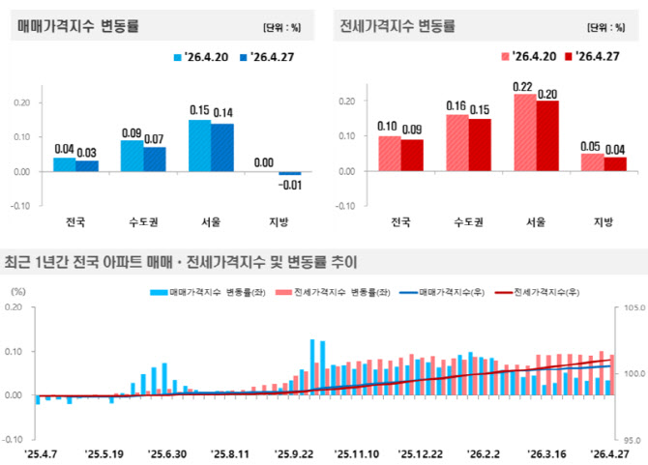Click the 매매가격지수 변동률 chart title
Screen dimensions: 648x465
78,26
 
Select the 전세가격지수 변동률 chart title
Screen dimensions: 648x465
398,26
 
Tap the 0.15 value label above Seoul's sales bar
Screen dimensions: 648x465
199,110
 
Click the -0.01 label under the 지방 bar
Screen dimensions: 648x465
290,185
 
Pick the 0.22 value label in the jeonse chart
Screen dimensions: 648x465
522,87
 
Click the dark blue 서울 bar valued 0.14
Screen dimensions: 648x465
222,148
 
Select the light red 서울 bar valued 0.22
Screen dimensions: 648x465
525,132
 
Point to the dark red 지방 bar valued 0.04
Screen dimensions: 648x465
615,164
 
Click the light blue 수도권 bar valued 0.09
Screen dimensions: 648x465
132,156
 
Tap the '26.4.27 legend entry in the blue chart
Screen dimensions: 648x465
267,57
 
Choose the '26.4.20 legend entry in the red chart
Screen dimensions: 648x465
529,56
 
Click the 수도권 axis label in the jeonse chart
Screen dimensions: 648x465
468,222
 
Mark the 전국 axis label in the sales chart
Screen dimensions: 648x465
75,222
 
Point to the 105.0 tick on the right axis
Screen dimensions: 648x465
634,307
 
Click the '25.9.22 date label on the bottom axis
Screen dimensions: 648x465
294,454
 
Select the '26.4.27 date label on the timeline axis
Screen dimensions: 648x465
609,454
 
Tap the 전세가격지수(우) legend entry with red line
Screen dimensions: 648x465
537,292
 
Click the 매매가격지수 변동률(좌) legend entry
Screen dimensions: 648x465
208,292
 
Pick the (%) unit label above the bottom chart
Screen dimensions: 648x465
18,292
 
